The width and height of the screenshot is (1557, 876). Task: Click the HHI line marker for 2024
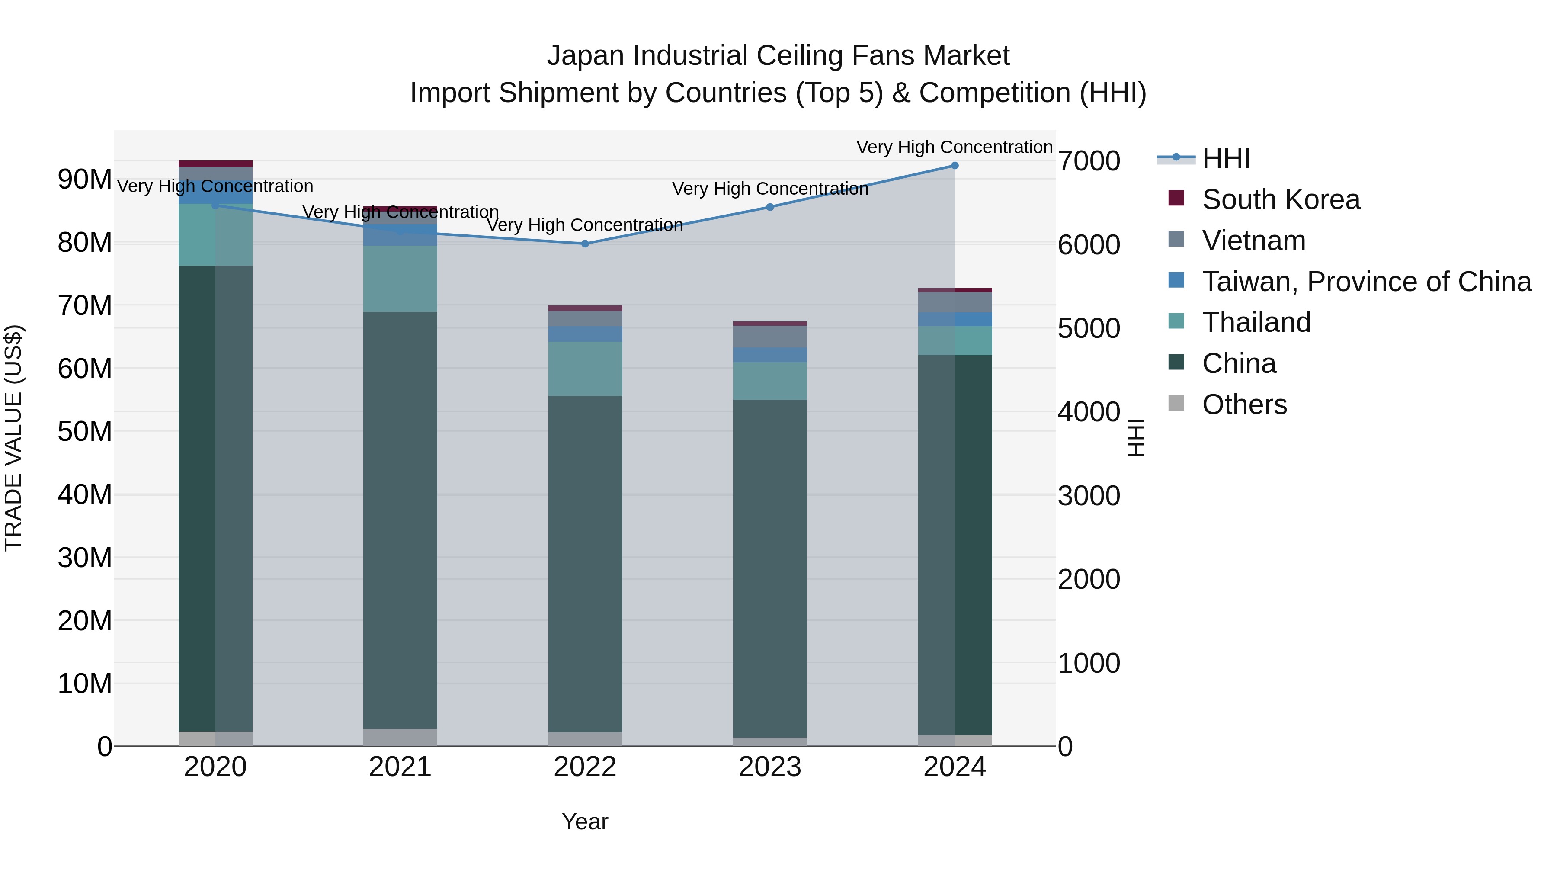955,166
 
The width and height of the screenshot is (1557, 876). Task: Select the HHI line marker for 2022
584,244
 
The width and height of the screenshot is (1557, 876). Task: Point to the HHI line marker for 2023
769,207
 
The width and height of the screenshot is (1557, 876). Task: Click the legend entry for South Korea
1281,199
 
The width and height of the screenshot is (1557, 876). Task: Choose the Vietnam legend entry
1253,241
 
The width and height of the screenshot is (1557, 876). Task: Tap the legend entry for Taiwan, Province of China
1366,282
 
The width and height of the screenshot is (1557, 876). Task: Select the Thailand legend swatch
1176,321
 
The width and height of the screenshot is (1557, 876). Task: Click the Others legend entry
1244,404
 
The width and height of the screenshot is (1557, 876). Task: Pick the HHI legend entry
1225,158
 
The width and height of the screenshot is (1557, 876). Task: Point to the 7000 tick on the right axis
1089,161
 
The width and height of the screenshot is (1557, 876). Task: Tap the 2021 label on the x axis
400,767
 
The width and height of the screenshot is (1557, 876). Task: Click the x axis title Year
584,821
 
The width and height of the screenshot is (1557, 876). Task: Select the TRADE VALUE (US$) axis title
13,438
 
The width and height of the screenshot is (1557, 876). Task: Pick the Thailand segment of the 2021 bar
400,278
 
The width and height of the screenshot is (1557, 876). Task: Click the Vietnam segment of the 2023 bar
769,337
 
